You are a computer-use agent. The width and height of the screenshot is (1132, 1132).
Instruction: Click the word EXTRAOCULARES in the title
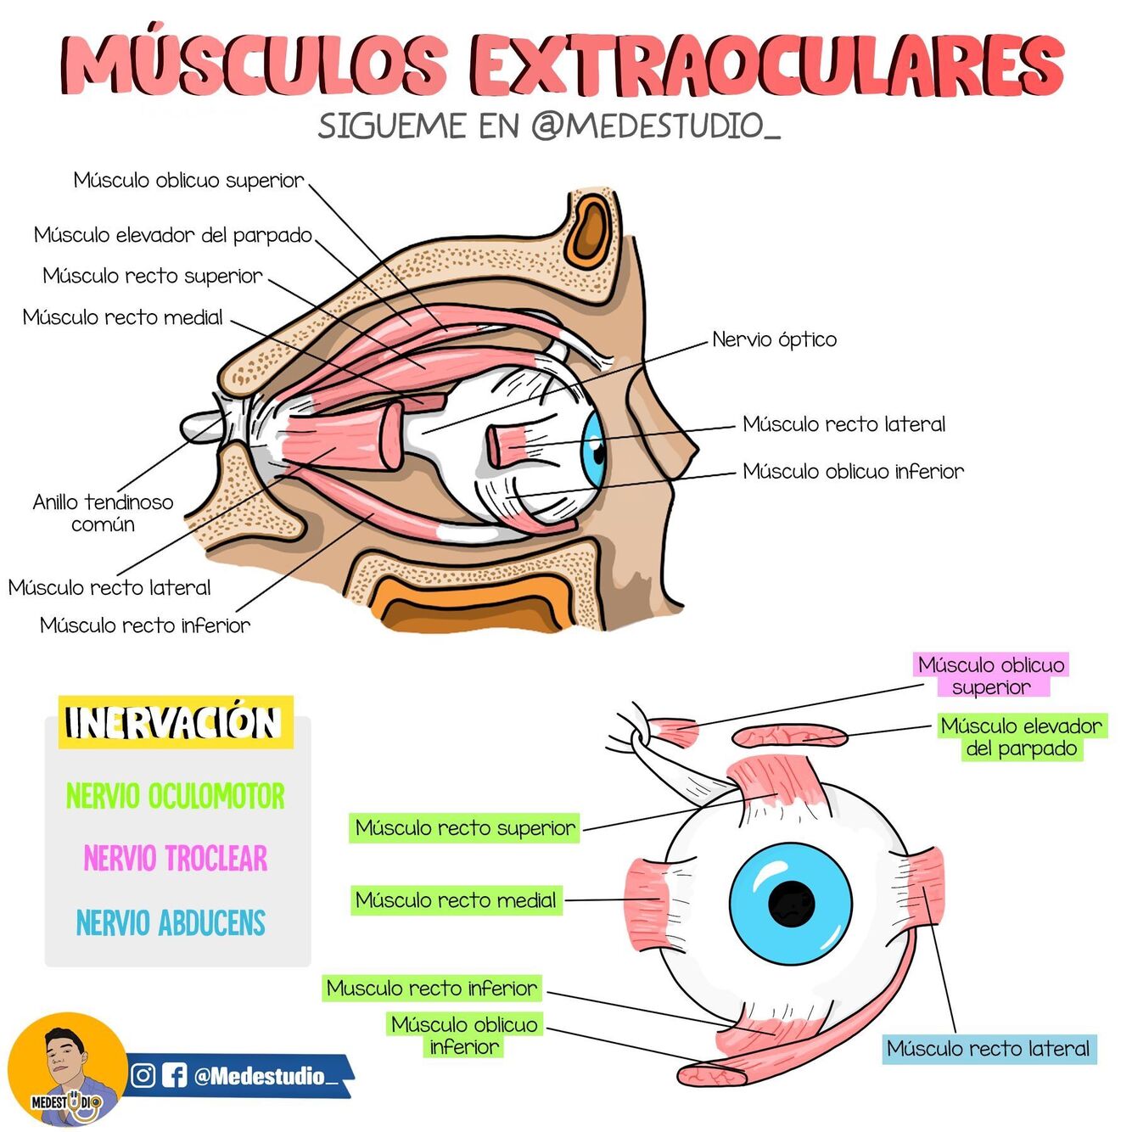(768, 66)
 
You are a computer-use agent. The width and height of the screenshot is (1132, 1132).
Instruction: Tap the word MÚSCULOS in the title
(255, 66)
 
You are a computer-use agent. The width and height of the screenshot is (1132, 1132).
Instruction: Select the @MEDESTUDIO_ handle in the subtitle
(655, 126)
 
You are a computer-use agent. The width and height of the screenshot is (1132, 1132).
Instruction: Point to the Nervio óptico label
(774, 339)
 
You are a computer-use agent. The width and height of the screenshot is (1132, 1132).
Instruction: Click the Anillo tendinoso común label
(103, 513)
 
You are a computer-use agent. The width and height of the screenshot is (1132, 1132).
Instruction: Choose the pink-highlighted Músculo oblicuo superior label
(991, 675)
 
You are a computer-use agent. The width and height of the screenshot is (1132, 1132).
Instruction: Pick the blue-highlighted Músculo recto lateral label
(989, 1049)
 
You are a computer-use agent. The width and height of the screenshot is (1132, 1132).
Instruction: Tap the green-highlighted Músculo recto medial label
(456, 900)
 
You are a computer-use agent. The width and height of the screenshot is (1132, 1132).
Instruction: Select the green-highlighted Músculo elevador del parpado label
(1021, 737)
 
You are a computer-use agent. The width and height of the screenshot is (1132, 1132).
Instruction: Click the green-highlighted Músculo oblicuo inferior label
(464, 1035)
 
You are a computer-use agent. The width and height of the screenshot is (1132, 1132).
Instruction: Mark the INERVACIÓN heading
(174, 723)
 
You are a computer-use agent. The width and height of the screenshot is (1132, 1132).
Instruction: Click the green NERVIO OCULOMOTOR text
(176, 797)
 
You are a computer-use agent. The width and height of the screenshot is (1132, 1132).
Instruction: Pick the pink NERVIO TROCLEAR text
(176, 859)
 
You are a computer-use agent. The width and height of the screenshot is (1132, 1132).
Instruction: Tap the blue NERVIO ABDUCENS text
(171, 923)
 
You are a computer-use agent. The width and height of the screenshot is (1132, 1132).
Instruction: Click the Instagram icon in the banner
(143, 1075)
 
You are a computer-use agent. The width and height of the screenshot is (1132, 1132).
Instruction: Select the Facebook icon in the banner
(174, 1075)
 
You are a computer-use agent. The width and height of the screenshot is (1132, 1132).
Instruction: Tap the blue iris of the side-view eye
(593, 448)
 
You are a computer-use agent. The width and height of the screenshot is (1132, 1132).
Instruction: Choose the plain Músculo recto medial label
(123, 317)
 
